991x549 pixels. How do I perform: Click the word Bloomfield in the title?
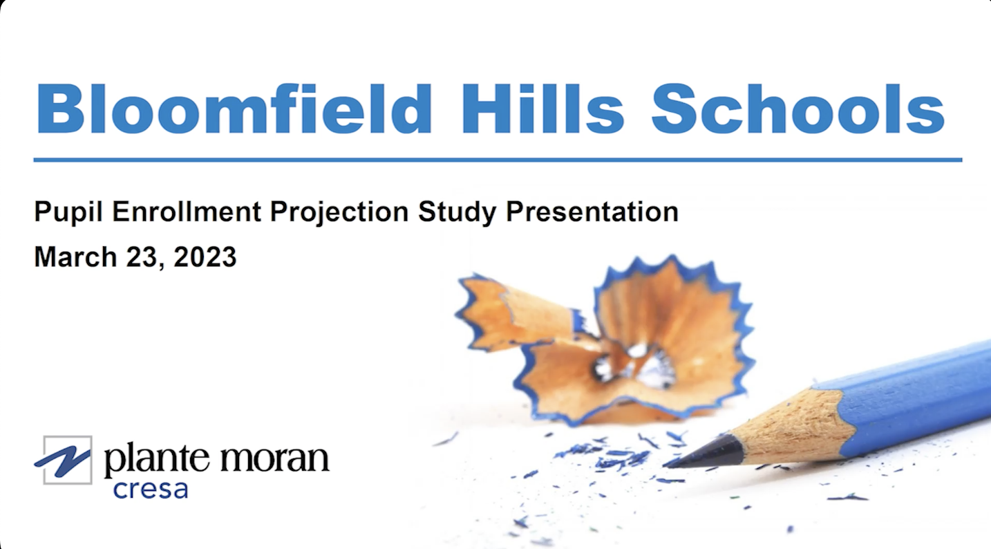(234, 109)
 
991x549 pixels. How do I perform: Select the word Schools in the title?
(797, 109)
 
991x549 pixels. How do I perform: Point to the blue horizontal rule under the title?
(498, 160)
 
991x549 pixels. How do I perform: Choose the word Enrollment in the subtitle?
(187, 212)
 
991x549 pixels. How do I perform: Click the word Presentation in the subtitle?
(592, 212)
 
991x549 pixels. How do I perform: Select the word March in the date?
(75, 257)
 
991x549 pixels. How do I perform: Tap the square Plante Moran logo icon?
(64, 459)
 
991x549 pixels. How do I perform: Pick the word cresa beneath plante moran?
(150, 489)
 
